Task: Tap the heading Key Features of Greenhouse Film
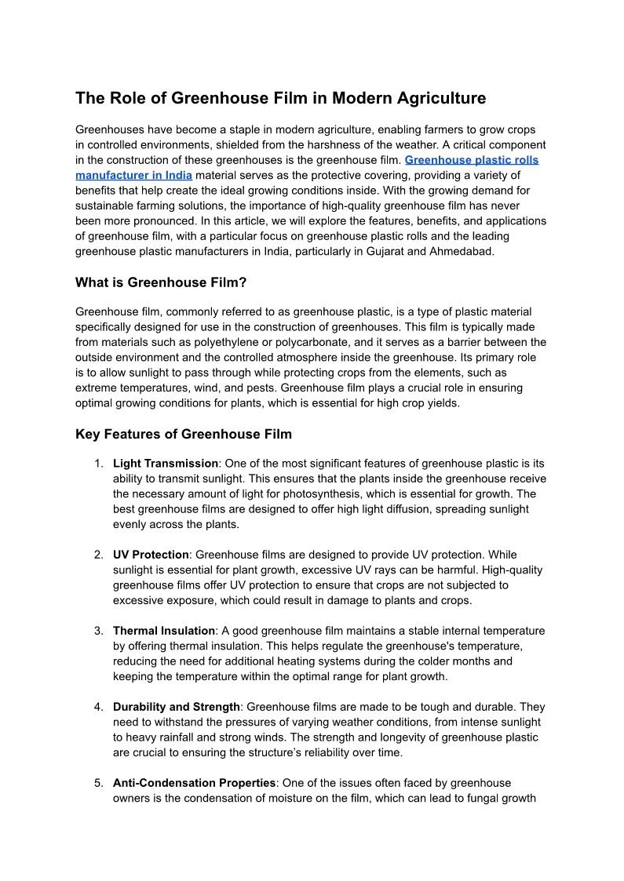tap(184, 434)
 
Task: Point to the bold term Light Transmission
tap(166, 464)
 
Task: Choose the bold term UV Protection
tap(150, 555)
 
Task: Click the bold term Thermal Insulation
tap(164, 631)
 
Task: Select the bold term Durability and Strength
tap(177, 707)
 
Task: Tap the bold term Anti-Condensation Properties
tap(194, 783)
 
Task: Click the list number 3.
tap(99, 631)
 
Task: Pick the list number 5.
tap(99, 783)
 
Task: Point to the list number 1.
tap(99, 464)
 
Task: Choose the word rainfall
tap(185, 737)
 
